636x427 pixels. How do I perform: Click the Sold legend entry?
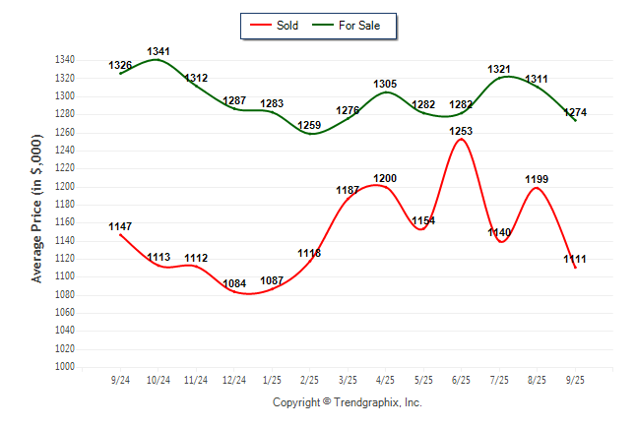(281, 25)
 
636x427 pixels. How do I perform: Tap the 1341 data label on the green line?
(159, 51)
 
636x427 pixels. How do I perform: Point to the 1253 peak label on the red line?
(461, 131)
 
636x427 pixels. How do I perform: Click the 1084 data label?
(234, 284)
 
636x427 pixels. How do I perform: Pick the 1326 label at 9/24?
(120, 66)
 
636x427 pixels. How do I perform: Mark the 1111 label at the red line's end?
(575, 259)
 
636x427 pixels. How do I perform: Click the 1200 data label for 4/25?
(385, 178)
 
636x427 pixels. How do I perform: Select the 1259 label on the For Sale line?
(310, 125)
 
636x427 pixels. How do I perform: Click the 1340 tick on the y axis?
(66, 60)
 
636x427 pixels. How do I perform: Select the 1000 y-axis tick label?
(66, 367)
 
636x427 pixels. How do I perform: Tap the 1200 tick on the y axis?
(66, 187)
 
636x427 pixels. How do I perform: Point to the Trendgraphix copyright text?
(347, 402)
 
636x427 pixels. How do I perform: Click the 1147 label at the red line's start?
(120, 226)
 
